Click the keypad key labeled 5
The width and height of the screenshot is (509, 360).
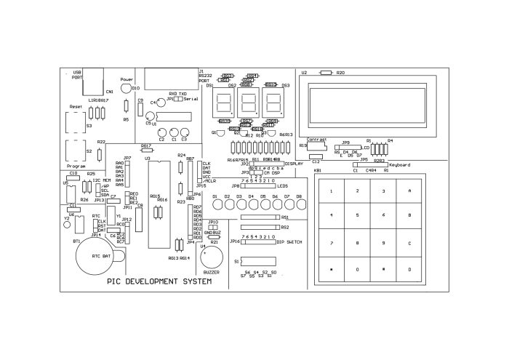tap(357, 215)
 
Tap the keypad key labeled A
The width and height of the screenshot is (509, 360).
tap(409, 191)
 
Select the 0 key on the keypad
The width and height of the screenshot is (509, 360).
tap(357, 269)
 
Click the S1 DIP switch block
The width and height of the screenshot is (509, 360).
tap(259, 261)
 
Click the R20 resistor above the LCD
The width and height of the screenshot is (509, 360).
tap(325, 73)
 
